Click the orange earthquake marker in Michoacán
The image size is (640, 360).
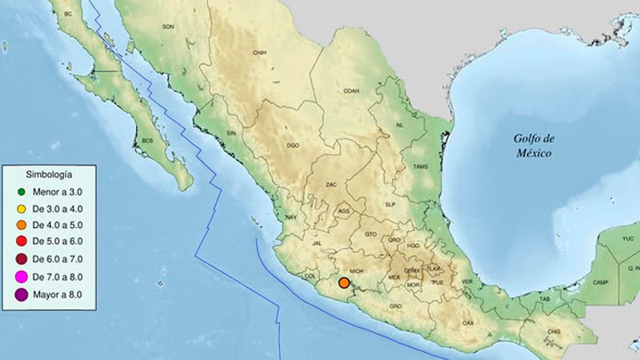[344, 282]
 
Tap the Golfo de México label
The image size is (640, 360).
[534, 145]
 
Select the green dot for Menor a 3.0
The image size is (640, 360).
[22, 192]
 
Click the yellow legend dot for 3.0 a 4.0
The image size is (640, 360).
[22, 209]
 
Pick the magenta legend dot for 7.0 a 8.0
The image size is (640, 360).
[22, 276]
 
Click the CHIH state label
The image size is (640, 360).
[259, 53]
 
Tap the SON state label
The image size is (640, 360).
[169, 26]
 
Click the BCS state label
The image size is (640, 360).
[147, 141]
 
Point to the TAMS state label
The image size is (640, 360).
[420, 166]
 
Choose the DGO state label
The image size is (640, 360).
[293, 146]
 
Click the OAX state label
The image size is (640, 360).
[468, 322]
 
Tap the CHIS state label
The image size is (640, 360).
[554, 331]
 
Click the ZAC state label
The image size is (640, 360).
[331, 185]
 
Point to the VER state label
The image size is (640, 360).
[467, 282]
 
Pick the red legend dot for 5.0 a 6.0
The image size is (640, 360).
[22, 242]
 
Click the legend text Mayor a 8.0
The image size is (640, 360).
[58, 294]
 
